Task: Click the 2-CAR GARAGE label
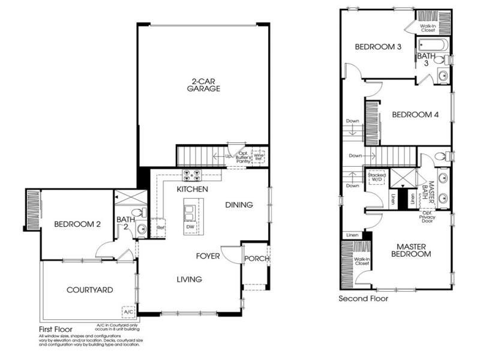pyautogui.click(x=203, y=84)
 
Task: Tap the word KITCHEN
pyautogui.click(x=192, y=190)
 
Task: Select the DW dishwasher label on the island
pyautogui.click(x=190, y=227)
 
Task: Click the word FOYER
pyautogui.click(x=208, y=256)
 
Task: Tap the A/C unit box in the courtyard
pyautogui.click(x=128, y=313)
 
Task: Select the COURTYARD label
pyautogui.click(x=89, y=290)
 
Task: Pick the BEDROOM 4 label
pyautogui.click(x=412, y=115)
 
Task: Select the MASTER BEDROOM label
pyautogui.click(x=411, y=250)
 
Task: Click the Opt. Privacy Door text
pyautogui.click(x=428, y=219)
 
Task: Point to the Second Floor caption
pyautogui.click(x=363, y=298)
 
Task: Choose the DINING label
pyautogui.click(x=239, y=205)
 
